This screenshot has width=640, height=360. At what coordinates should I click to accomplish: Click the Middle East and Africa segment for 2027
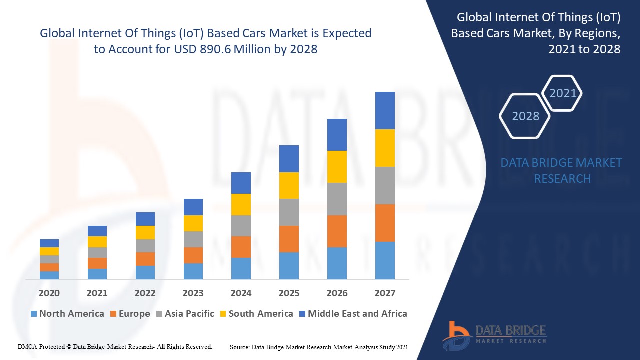385,110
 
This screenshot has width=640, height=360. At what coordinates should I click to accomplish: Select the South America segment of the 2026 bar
337,167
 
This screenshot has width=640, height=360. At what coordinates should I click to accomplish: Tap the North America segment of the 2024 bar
241,268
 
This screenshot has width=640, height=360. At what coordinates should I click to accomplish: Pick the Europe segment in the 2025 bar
289,239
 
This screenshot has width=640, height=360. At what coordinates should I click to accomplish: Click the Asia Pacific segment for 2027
385,185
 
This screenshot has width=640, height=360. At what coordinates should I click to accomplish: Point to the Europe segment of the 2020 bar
49,267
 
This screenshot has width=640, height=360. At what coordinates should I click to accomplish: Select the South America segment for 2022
145,232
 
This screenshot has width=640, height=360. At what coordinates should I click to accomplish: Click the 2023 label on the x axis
193,293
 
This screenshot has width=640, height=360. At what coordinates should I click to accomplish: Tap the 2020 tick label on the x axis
49,293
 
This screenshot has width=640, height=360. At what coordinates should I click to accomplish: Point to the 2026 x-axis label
337,293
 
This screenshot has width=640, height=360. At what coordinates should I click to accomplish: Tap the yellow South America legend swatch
223,314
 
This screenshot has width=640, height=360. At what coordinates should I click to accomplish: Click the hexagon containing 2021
562,93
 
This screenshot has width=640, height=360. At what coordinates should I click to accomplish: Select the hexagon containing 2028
525,116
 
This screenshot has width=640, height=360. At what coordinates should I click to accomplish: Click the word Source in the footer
240,347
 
